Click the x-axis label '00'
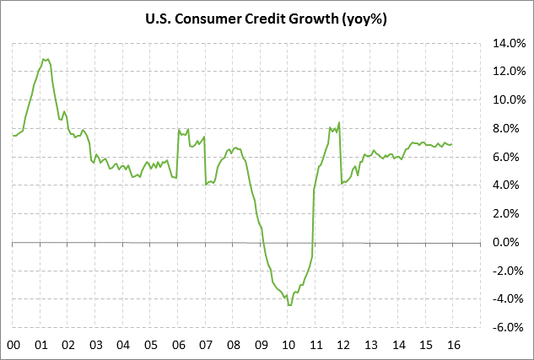point(13,344)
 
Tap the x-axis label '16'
point(452,344)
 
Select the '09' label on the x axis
point(261,344)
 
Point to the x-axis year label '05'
point(151,344)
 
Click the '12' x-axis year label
point(343,344)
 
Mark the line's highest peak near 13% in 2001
point(46,59)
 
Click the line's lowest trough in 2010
point(289,305)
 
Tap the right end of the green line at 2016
point(452,144)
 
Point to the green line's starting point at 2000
point(13,135)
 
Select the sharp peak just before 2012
point(339,122)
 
